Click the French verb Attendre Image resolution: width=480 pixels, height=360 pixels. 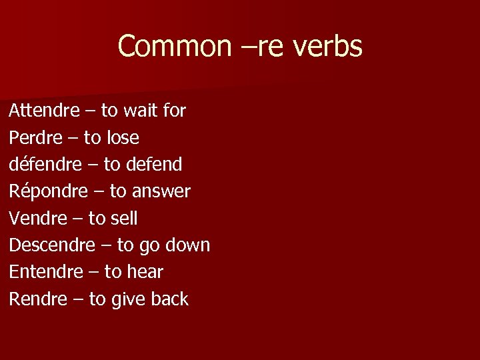[44, 111]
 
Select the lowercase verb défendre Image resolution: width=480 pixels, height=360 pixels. [43, 164]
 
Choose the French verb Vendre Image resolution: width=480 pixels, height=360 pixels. [37, 218]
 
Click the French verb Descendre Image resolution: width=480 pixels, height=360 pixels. [52, 245]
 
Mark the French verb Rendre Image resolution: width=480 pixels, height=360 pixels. [38, 299]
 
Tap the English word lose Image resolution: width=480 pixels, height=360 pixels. [121, 138]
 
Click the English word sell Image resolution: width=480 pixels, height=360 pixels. [124, 218]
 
